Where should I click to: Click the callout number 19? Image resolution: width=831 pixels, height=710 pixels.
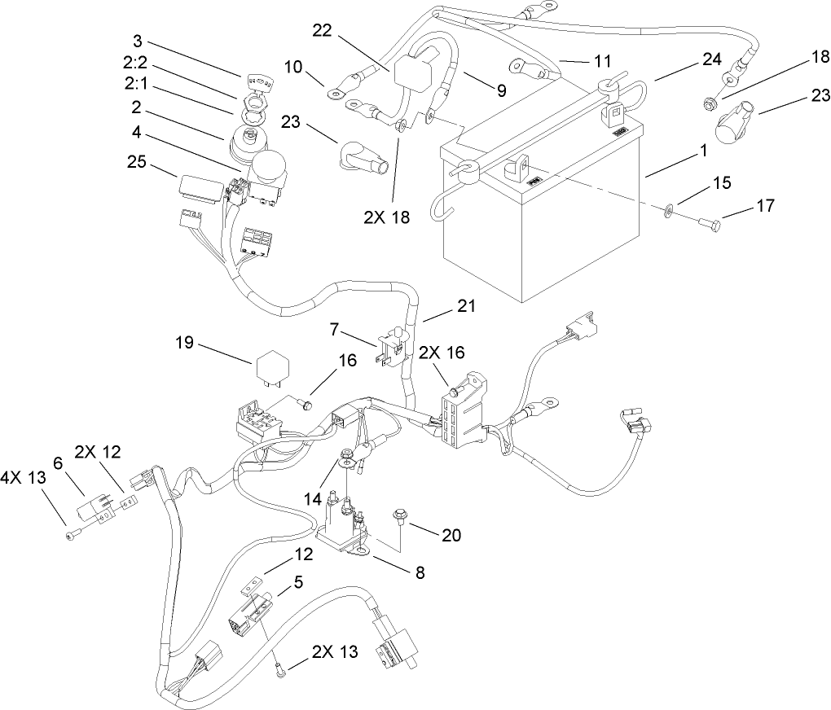pyautogui.click(x=184, y=342)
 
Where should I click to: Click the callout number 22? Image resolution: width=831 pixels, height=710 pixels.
pyautogui.click(x=323, y=30)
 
